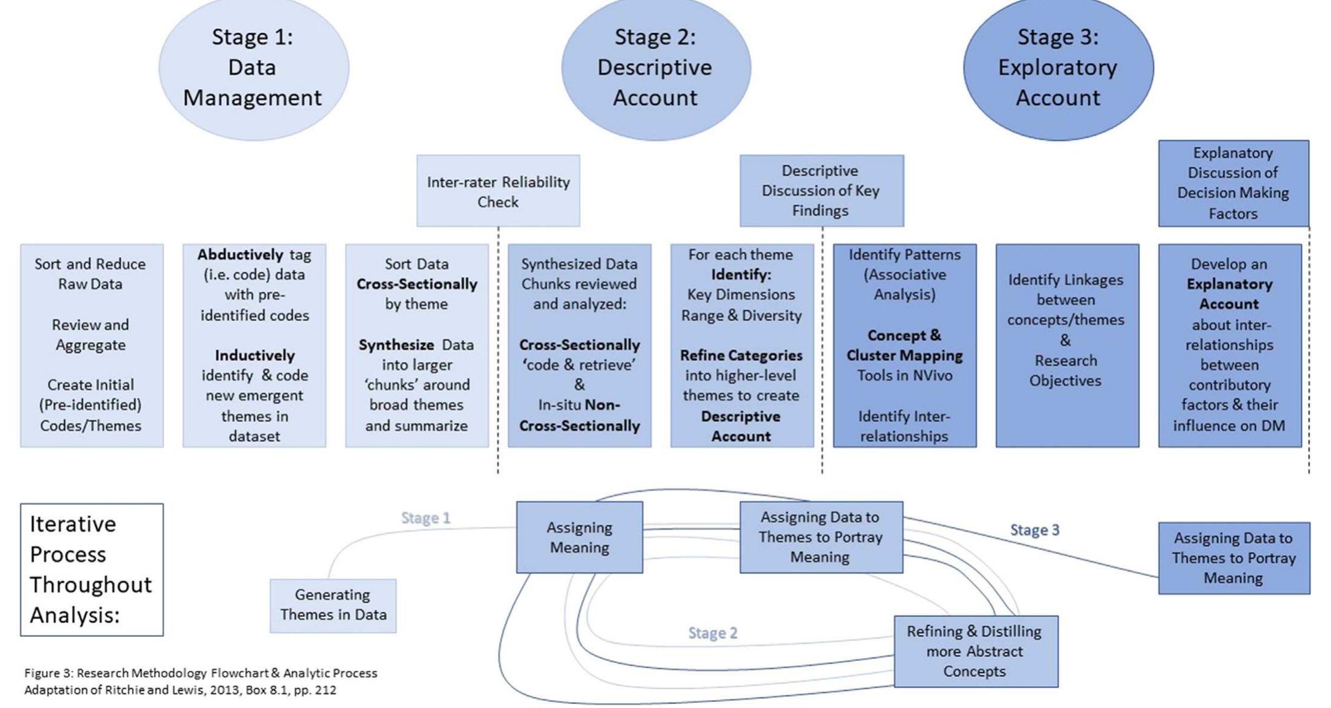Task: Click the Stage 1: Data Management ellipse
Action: point(253,68)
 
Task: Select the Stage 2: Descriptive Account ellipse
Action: point(656,68)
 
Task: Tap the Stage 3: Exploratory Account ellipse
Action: point(1058,68)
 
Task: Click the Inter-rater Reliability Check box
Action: point(498,191)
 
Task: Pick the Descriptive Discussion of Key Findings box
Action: point(821,191)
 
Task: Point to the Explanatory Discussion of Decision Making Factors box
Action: point(1233,183)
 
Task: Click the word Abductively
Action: point(240,254)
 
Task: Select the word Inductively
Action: point(255,355)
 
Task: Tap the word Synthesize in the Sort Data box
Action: point(396,345)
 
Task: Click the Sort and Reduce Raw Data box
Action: point(92,345)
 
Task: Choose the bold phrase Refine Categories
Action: point(741,355)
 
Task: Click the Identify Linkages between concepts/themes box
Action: point(1067,345)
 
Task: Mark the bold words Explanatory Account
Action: point(1229,294)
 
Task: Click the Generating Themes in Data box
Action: point(333,605)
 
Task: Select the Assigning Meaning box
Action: point(579,537)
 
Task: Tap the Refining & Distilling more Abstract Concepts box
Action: point(975,651)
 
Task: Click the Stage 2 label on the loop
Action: point(712,633)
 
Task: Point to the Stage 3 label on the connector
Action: point(1034,530)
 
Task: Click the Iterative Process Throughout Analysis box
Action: point(92,569)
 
